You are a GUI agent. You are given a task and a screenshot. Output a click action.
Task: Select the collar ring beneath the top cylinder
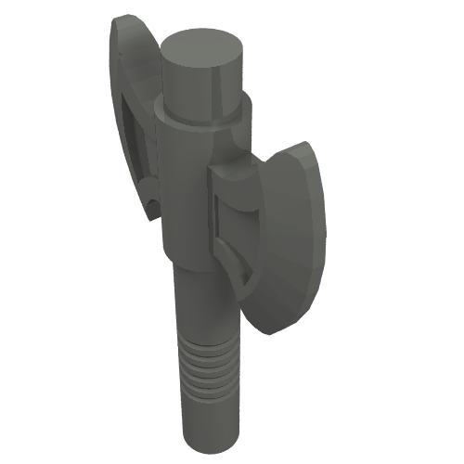point(200,115)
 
